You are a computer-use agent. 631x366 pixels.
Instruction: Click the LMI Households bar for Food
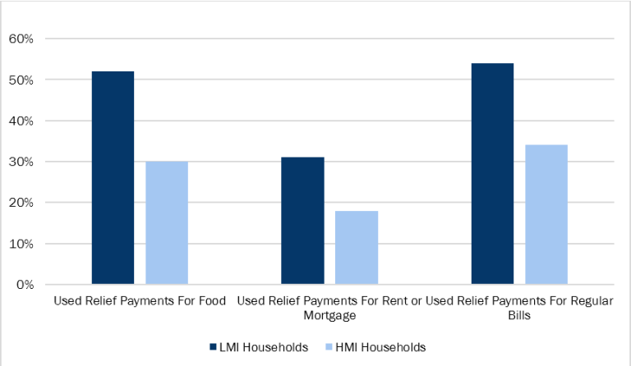point(113,178)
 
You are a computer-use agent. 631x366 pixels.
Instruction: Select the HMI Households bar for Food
point(167,223)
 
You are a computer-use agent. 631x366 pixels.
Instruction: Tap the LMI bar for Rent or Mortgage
point(302,221)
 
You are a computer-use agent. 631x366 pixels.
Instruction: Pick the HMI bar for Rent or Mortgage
point(357,248)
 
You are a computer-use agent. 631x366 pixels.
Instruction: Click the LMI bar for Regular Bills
point(492,174)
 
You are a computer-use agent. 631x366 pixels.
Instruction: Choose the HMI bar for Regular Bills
point(546,215)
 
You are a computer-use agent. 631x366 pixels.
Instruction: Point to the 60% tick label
point(21,39)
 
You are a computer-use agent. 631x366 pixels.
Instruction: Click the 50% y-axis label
point(21,80)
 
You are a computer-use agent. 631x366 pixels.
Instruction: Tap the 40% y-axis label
point(21,121)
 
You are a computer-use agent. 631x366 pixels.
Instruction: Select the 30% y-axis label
point(21,162)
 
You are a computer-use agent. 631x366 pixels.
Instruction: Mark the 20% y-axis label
point(21,203)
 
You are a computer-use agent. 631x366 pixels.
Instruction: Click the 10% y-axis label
point(21,244)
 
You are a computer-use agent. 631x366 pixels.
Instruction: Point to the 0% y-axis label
point(23,285)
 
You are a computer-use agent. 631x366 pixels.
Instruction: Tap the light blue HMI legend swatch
point(328,347)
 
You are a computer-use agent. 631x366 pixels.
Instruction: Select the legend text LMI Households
point(263,347)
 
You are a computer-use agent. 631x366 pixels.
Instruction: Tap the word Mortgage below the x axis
point(329,315)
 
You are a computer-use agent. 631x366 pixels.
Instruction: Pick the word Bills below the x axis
point(519,315)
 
